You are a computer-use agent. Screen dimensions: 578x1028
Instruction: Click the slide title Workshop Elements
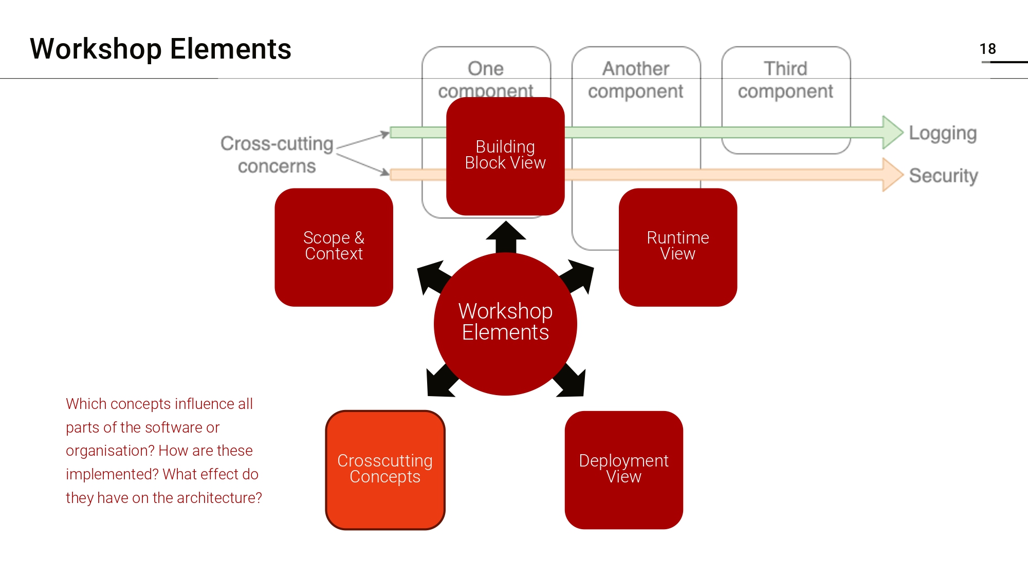pos(160,49)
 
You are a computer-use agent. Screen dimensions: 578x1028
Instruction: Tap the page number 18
pos(987,49)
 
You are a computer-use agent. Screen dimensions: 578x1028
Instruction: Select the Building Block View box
pos(505,156)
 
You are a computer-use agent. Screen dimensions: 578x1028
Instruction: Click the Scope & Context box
pos(334,247)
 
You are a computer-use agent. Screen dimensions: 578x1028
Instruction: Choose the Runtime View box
pos(677,247)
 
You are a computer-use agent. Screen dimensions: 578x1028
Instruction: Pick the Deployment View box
pos(623,469)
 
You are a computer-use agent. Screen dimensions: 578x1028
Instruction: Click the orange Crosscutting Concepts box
pos(385,469)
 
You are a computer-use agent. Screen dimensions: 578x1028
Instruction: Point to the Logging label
pos(943,133)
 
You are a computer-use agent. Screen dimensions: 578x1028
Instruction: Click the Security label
pos(943,176)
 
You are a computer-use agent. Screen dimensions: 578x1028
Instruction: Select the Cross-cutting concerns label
pos(277,155)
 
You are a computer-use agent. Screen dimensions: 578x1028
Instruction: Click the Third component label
pos(785,80)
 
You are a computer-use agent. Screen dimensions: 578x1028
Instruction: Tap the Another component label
pos(636,80)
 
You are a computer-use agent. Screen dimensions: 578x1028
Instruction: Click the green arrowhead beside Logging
pos(892,133)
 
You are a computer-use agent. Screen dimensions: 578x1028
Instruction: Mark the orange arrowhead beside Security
pos(892,175)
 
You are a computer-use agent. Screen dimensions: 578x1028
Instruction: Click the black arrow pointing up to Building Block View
pos(506,236)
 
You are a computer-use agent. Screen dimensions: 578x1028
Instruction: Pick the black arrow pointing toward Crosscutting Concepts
pos(440,382)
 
